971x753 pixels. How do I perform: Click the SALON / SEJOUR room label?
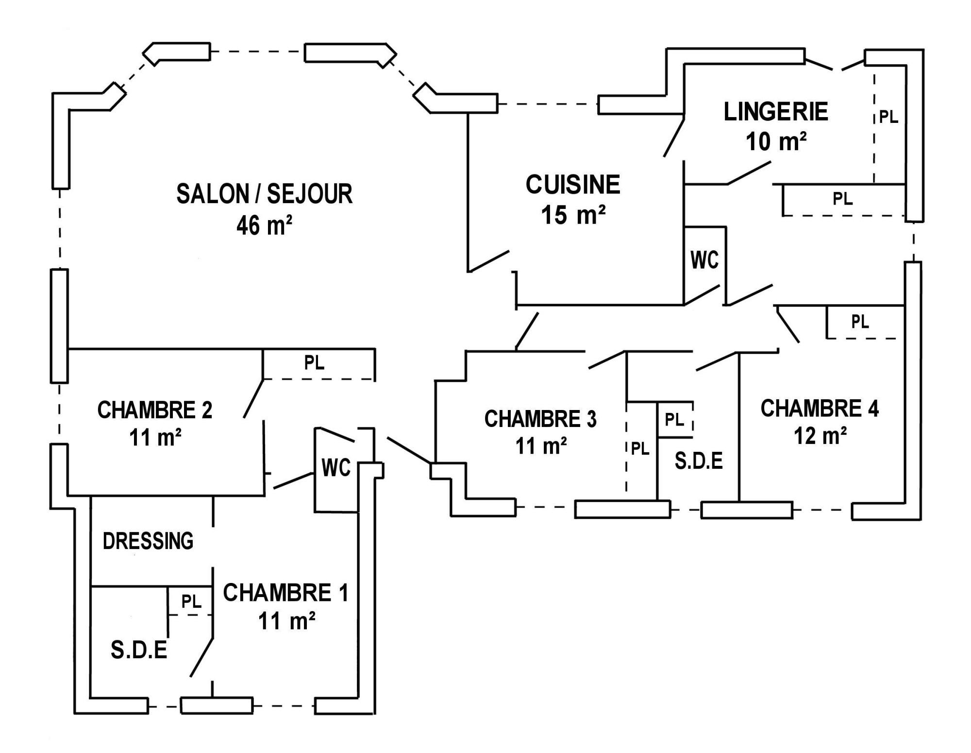[264, 194]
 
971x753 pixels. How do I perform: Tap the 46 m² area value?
[264, 225]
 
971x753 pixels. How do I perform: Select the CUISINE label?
[573, 185]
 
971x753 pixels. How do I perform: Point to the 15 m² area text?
[573, 215]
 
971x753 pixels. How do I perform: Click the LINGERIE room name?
[776, 112]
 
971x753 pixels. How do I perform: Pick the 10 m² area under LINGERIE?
[776, 141]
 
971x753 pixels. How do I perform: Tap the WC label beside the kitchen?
[704, 260]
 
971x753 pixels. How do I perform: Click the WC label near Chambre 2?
[336, 468]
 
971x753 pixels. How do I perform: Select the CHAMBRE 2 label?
[155, 410]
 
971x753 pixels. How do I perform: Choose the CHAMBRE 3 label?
[540, 419]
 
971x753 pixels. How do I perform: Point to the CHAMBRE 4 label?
[820, 408]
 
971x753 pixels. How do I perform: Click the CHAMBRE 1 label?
[285, 593]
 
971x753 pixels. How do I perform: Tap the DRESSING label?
[148, 541]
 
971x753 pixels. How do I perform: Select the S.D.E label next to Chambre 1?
[139, 650]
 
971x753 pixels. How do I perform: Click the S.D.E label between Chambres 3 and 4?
[699, 461]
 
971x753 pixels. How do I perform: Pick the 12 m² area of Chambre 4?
[820, 436]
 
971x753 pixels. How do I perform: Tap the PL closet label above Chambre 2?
[314, 363]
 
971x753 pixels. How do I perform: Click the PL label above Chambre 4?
[860, 321]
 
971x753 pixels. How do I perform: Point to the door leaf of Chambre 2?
[253, 398]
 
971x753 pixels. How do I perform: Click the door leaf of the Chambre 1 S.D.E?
[201, 656]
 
